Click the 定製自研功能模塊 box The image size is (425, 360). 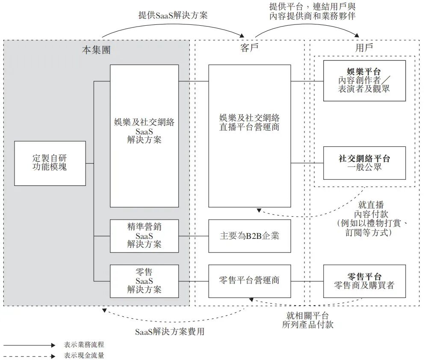click(50, 163)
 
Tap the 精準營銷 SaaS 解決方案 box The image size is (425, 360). click(144, 235)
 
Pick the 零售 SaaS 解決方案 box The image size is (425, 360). click(144, 281)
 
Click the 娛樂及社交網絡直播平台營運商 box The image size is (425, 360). click(249, 136)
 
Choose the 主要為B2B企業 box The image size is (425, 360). click(249, 235)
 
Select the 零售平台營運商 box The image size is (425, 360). click(249, 281)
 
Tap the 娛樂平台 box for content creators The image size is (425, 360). click(364, 80)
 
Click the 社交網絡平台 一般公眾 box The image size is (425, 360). click(364, 163)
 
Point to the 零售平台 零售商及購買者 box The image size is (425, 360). click(364, 281)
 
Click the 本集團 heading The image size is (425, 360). click(96, 50)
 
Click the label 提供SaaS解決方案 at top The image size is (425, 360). click(173, 15)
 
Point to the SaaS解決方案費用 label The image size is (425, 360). click(173, 332)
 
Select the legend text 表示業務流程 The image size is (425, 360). click(84, 345)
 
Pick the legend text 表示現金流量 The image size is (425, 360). click(84, 355)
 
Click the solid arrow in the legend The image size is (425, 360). click(29, 345)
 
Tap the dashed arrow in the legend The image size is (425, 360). click(29, 355)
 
